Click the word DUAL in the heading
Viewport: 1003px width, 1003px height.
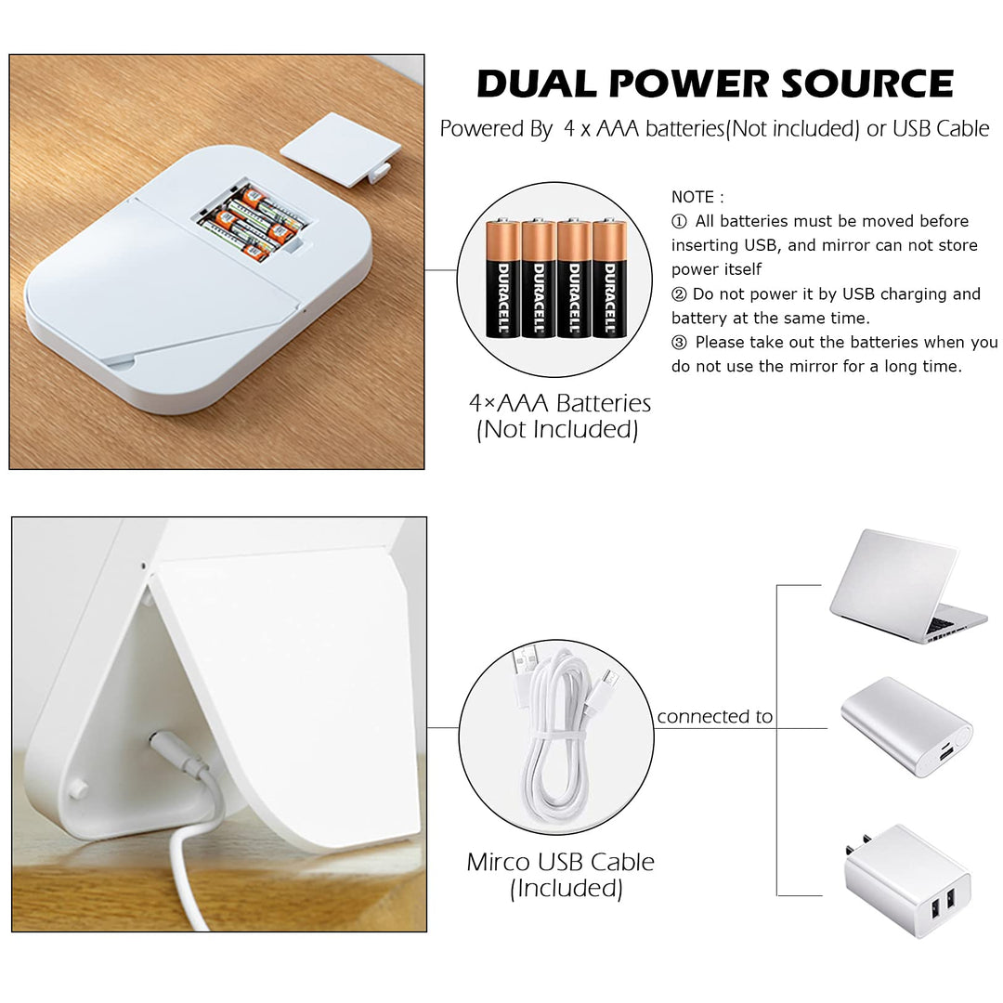pyautogui.click(x=537, y=84)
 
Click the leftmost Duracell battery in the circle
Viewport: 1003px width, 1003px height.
pyautogui.click(x=502, y=279)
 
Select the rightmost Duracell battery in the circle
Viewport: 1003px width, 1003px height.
pyautogui.click(x=609, y=279)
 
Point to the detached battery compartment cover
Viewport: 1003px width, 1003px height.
pyautogui.click(x=340, y=149)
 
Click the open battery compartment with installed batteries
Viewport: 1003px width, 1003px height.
pyautogui.click(x=254, y=222)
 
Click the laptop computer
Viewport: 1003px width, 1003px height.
pyautogui.click(x=908, y=586)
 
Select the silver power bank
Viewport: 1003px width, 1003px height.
pyautogui.click(x=906, y=726)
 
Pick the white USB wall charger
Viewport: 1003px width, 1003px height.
pyautogui.click(x=908, y=881)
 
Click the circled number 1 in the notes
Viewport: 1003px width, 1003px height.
pyautogui.click(x=679, y=221)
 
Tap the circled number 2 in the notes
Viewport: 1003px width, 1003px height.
pyautogui.click(x=679, y=294)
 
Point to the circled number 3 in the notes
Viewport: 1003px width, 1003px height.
pyautogui.click(x=679, y=343)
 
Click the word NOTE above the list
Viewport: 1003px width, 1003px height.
pyautogui.click(x=693, y=197)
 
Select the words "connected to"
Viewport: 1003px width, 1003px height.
pyautogui.click(x=714, y=716)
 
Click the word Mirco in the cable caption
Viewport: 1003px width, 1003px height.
pyautogui.click(x=499, y=862)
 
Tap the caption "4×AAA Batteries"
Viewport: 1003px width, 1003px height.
pyautogui.click(x=560, y=403)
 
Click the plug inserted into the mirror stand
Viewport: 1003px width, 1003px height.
pyautogui.click(x=178, y=754)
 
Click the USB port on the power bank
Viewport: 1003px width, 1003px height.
pyautogui.click(x=945, y=753)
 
